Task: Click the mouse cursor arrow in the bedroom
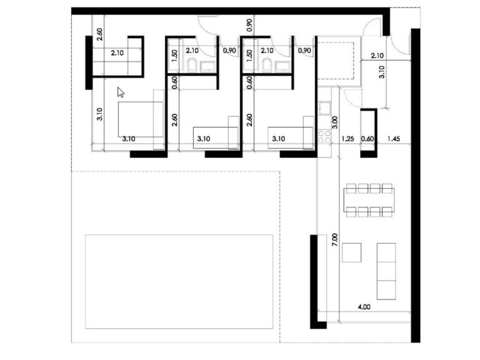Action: tap(121, 92)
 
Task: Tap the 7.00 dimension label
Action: tap(334, 240)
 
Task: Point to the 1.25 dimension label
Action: tap(349, 139)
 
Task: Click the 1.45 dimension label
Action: tap(394, 139)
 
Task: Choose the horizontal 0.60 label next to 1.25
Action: tap(368, 139)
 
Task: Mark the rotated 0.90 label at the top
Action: tap(249, 26)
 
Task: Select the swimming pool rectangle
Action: tap(179, 281)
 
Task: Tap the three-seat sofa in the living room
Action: tap(386, 270)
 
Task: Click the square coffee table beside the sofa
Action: tap(351, 252)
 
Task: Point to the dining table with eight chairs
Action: tap(369, 199)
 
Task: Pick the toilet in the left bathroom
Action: tap(192, 66)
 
